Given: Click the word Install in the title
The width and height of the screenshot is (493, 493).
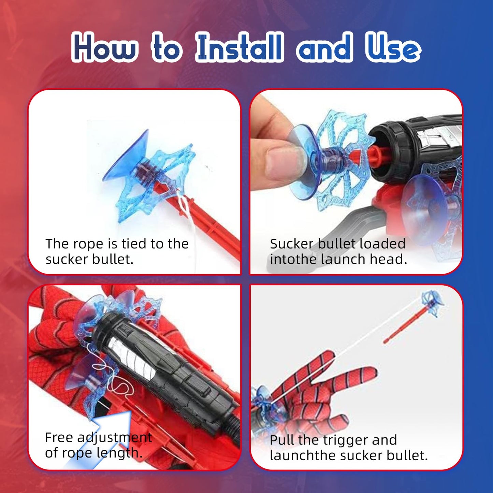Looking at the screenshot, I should (240, 48).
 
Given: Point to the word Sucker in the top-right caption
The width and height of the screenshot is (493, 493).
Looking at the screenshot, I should (292, 244).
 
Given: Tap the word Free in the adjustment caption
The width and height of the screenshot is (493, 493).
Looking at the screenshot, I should (59, 438).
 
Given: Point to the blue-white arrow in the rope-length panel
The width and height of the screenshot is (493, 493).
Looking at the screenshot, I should (99, 440).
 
